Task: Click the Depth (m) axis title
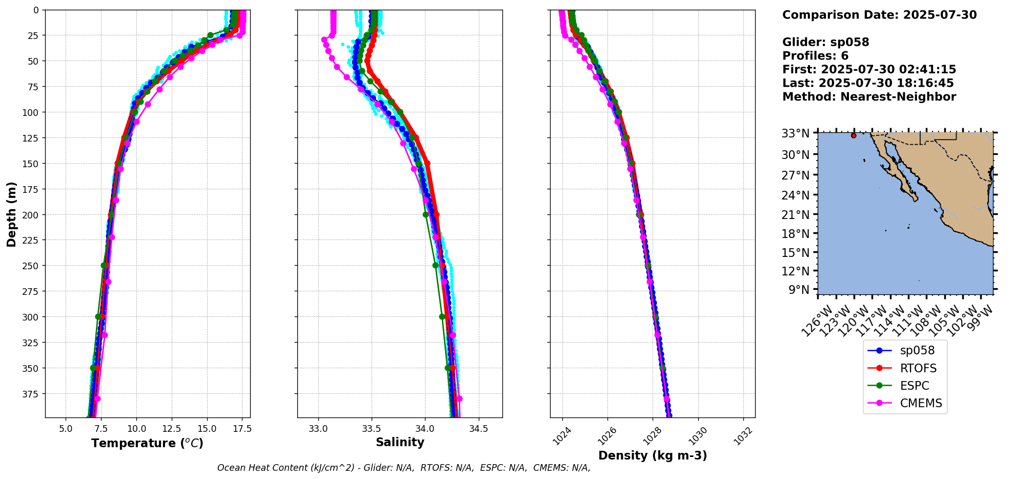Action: coord(12,214)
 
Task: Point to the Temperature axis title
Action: coord(147,443)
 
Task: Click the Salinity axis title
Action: coord(400,442)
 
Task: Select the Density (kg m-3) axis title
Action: coord(653,455)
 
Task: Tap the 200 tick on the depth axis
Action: coord(32,214)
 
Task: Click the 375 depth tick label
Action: coord(32,394)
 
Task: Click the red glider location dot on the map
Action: coord(854,135)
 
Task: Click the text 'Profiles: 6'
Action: coord(815,56)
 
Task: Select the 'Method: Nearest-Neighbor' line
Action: coord(869,97)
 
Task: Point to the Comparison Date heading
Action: coord(879,15)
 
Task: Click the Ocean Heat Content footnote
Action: coord(403,468)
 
